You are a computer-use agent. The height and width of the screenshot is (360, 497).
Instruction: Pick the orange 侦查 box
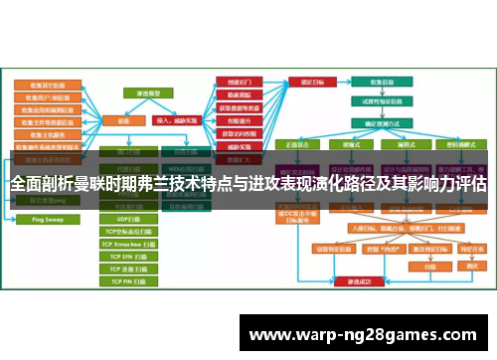point(124,118)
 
